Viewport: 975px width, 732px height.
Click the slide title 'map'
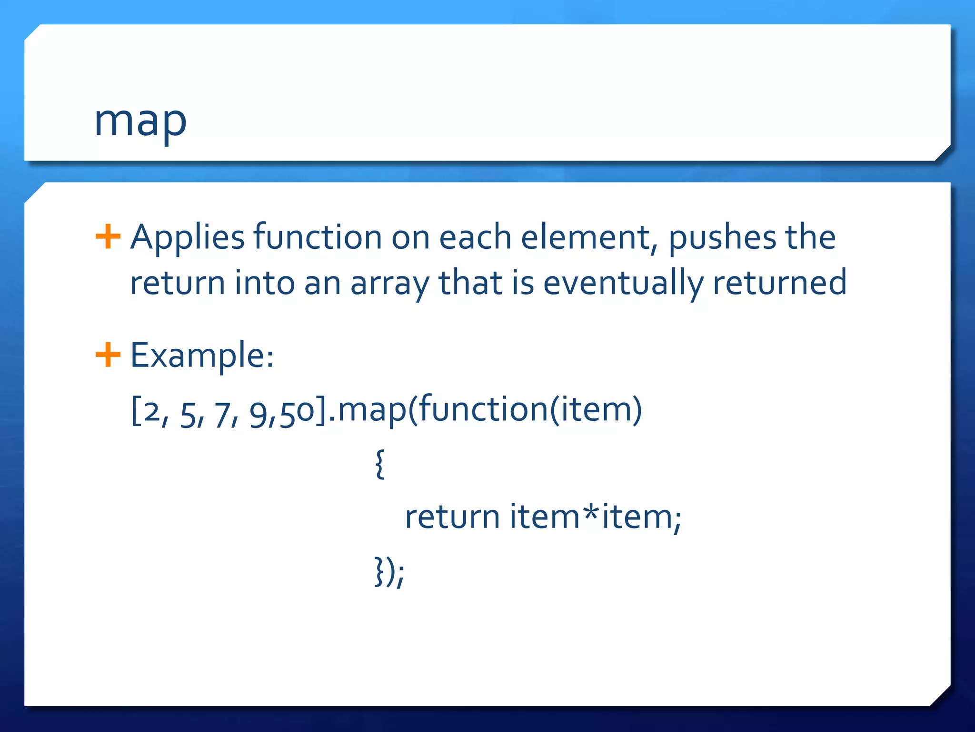click(140, 122)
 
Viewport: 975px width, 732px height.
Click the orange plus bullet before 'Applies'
click(108, 236)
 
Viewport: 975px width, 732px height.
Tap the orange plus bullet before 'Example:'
click(108, 355)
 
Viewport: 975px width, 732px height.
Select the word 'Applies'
click(187, 237)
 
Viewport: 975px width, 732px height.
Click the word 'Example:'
click(202, 356)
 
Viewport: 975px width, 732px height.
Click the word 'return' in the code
click(452, 517)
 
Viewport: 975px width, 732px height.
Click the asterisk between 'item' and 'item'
click(591, 514)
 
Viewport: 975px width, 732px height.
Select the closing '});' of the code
click(389, 571)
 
